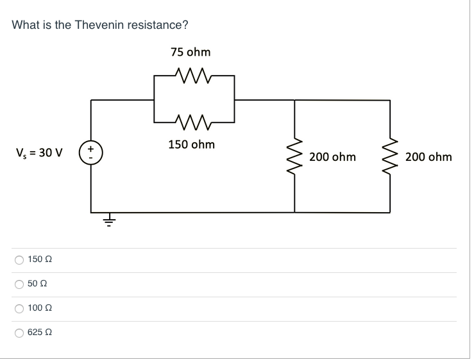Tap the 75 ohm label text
point(190,52)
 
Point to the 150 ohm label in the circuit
point(192,144)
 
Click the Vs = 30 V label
point(38,154)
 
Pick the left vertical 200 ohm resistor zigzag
point(295,156)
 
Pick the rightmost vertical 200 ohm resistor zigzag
point(389,156)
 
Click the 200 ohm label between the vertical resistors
point(332,157)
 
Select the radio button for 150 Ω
point(19,260)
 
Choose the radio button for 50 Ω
point(19,284)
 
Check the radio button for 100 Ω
point(19,309)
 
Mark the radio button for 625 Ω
point(19,333)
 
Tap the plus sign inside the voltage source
point(90,149)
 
